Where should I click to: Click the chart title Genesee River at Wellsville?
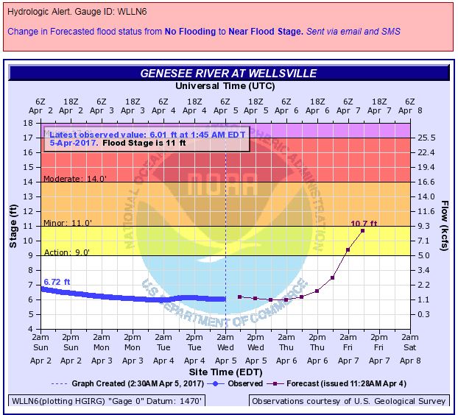coord(228,74)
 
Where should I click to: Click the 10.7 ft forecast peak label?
coord(364,224)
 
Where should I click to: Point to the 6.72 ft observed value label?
coord(57,282)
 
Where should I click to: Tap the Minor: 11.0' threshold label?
coord(67,222)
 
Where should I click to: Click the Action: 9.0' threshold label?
coord(67,252)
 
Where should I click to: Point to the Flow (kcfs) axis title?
coord(445,225)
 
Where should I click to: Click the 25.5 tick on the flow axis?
coord(427,138)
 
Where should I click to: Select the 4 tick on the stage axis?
coord(33,329)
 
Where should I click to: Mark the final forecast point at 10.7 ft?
coord(362,230)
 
